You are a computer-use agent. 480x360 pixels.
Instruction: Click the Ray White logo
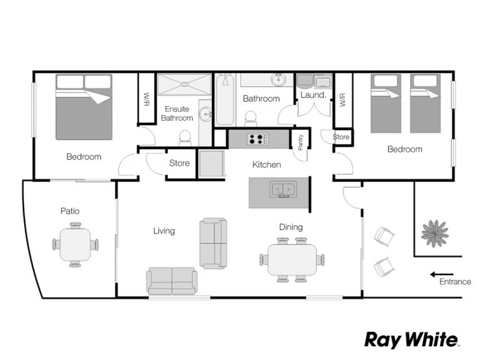click(x=411, y=340)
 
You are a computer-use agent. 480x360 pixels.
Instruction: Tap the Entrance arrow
click(x=442, y=275)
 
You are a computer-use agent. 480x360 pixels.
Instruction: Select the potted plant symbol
click(x=434, y=233)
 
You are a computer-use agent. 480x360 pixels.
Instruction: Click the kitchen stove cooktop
click(x=258, y=139)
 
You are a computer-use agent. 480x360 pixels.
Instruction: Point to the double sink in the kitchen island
click(x=283, y=189)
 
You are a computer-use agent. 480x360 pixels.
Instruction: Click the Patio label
click(x=70, y=211)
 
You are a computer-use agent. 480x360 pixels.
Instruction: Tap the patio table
click(x=76, y=245)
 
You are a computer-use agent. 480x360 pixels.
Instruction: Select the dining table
click(x=292, y=260)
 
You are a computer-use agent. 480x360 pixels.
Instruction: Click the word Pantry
click(x=301, y=142)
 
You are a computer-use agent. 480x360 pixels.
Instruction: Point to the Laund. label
click(x=313, y=95)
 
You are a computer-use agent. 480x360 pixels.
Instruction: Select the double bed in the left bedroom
click(x=84, y=107)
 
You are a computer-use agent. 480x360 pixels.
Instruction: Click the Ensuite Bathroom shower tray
click(x=184, y=84)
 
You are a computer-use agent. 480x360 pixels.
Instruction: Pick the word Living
click(x=164, y=230)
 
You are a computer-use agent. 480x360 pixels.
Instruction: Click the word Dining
click(x=291, y=227)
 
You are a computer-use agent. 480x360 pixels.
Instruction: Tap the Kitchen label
click(x=266, y=164)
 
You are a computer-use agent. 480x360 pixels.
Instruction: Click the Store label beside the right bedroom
click(x=341, y=137)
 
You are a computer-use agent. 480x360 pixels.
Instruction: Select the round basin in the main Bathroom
click(x=278, y=80)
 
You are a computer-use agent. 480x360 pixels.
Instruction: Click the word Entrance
click(x=455, y=281)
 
